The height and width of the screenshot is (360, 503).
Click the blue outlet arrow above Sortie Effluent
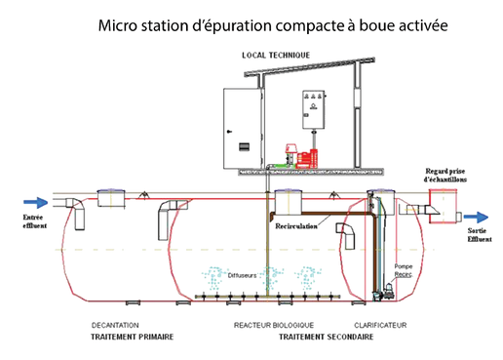480,218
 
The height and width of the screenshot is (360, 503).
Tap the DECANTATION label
116,325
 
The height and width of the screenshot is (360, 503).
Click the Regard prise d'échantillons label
445,175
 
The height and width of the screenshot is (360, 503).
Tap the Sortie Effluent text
480,234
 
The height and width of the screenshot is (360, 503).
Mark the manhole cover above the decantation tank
107,199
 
